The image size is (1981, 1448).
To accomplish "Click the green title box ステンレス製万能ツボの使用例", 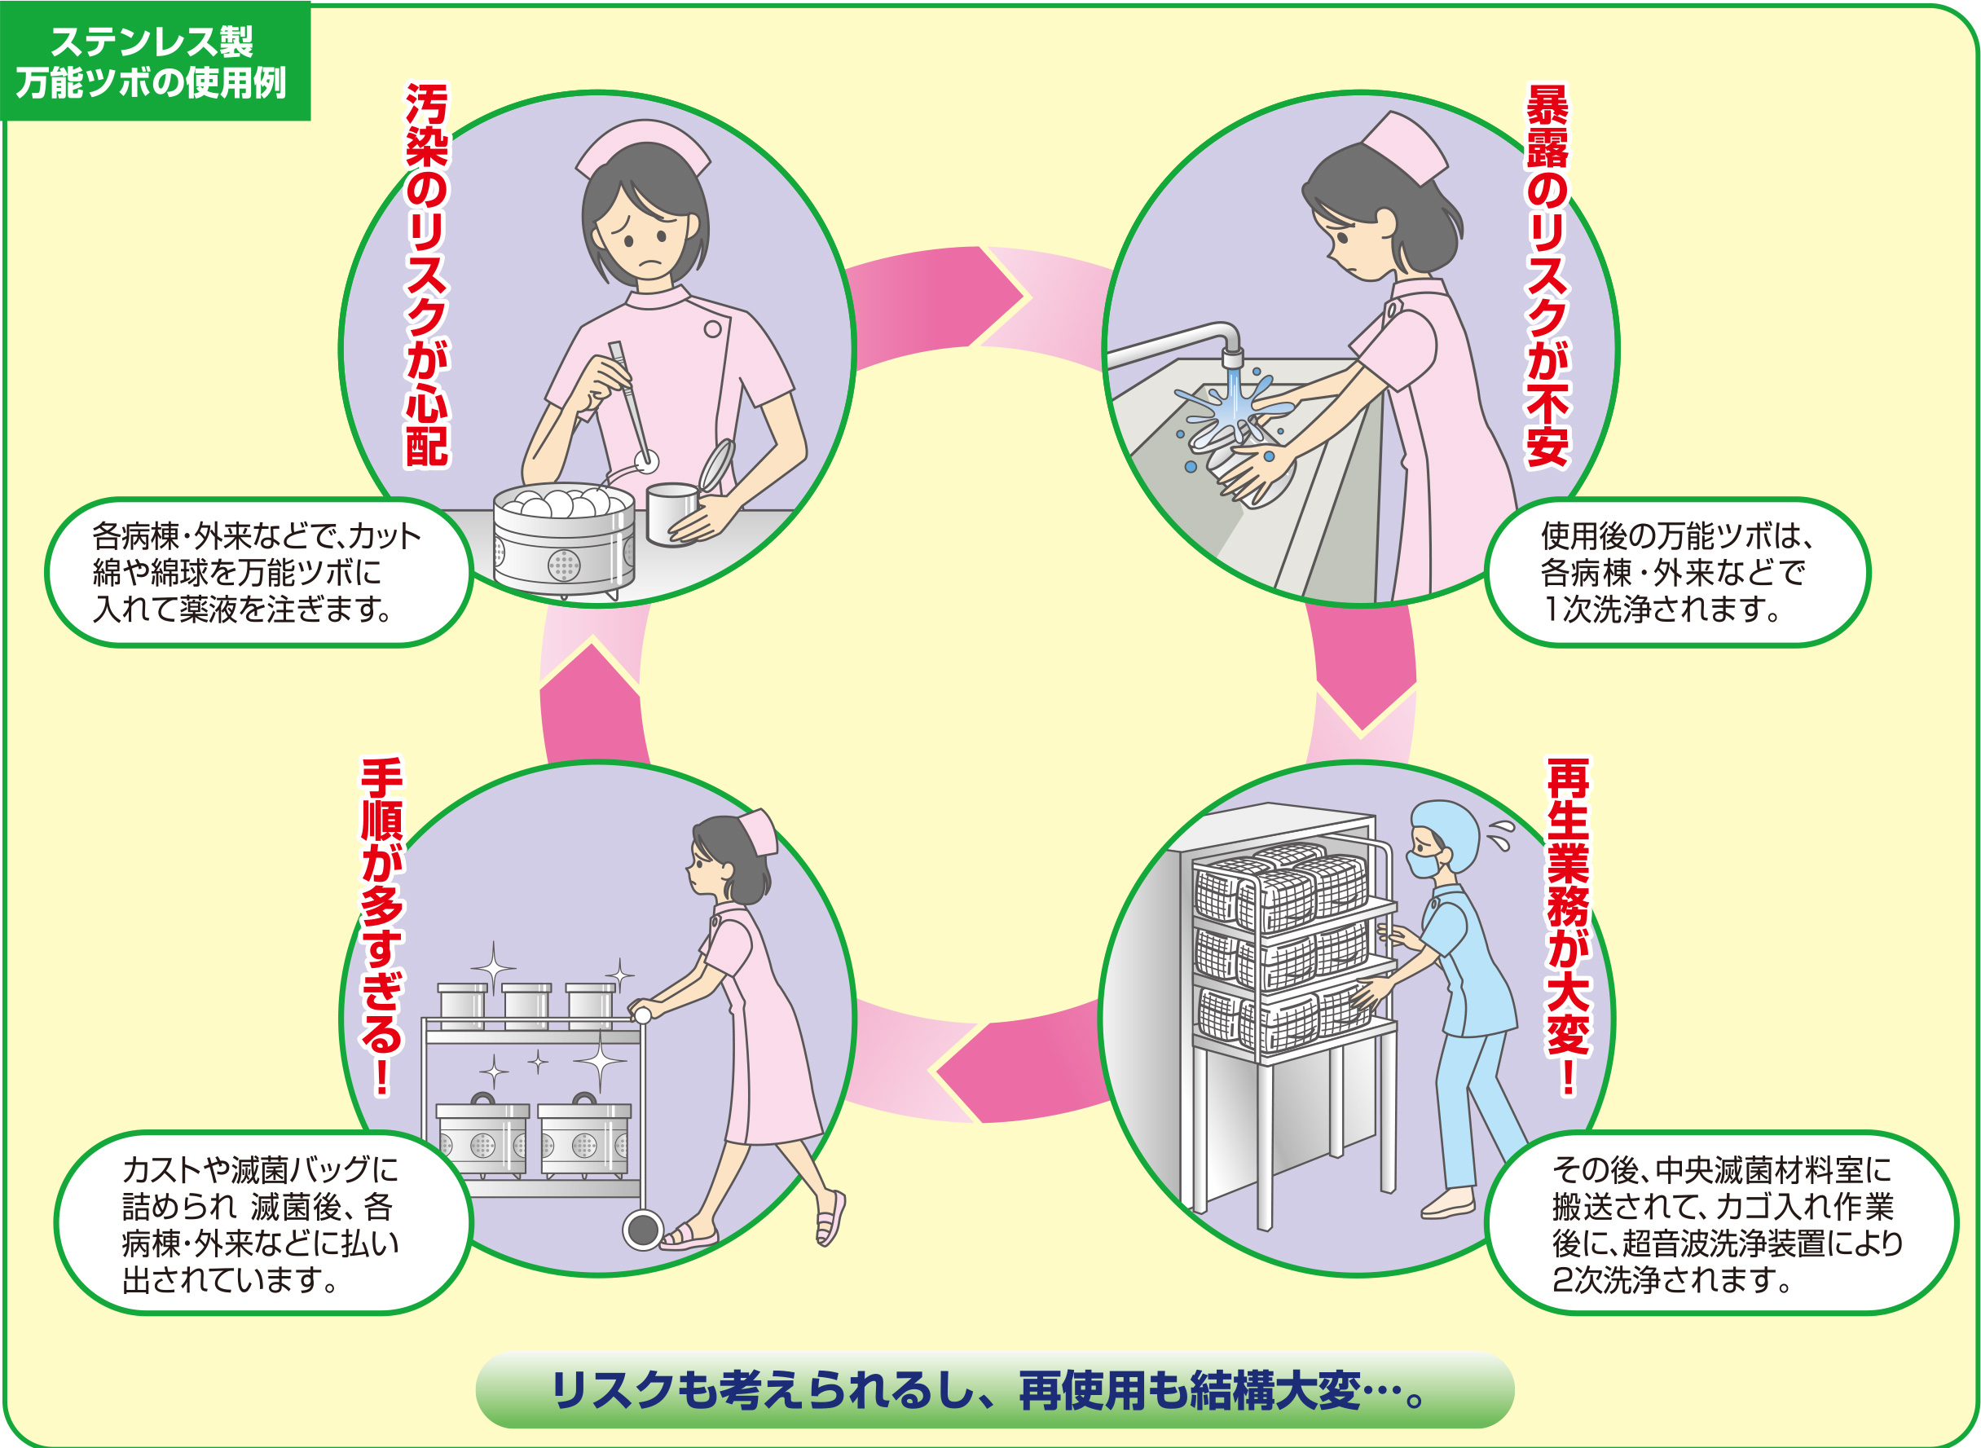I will point(154,61).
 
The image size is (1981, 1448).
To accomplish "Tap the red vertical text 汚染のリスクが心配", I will point(427,275).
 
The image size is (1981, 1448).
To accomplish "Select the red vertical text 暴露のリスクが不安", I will point(1547,275).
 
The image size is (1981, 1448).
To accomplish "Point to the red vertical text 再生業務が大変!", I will point(1568,926).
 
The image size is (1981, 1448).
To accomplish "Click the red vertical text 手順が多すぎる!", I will point(382,926).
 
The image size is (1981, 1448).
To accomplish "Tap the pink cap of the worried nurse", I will point(642,147).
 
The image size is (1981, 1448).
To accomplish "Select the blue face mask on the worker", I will point(1424,865).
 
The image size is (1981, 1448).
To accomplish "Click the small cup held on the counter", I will point(671,513).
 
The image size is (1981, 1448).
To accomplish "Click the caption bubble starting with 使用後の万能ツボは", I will point(1676,572).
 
